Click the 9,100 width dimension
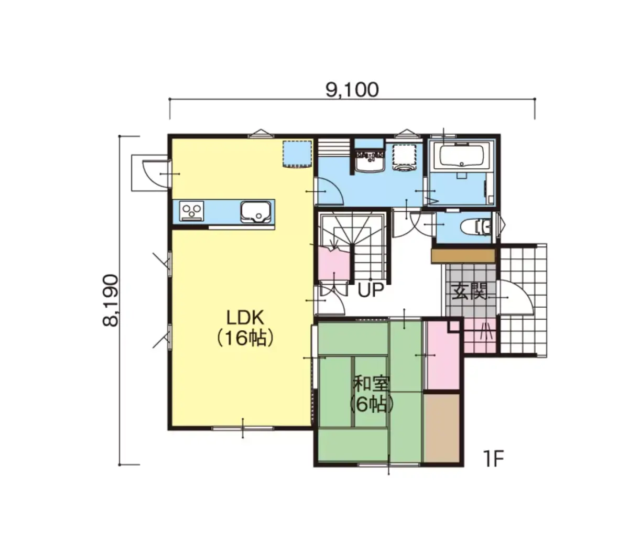352,90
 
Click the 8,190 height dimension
111,300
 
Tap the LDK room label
245,318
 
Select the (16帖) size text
245,338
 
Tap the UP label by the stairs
371,290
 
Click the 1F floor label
493,459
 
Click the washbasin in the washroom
370,160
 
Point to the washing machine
404,158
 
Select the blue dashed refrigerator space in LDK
297,154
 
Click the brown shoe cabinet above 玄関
463,256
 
